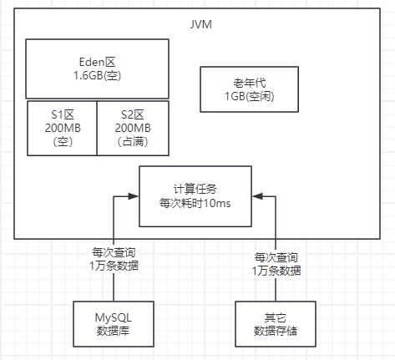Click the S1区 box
click(x=63, y=128)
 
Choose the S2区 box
click(x=131, y=128)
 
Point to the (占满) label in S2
click(x=131, y=142)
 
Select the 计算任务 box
click(x=194, y=195)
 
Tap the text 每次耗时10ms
click(x=194, y=203)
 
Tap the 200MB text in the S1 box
click(x=63, y=128)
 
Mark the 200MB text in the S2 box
click(x=131, y=128)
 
